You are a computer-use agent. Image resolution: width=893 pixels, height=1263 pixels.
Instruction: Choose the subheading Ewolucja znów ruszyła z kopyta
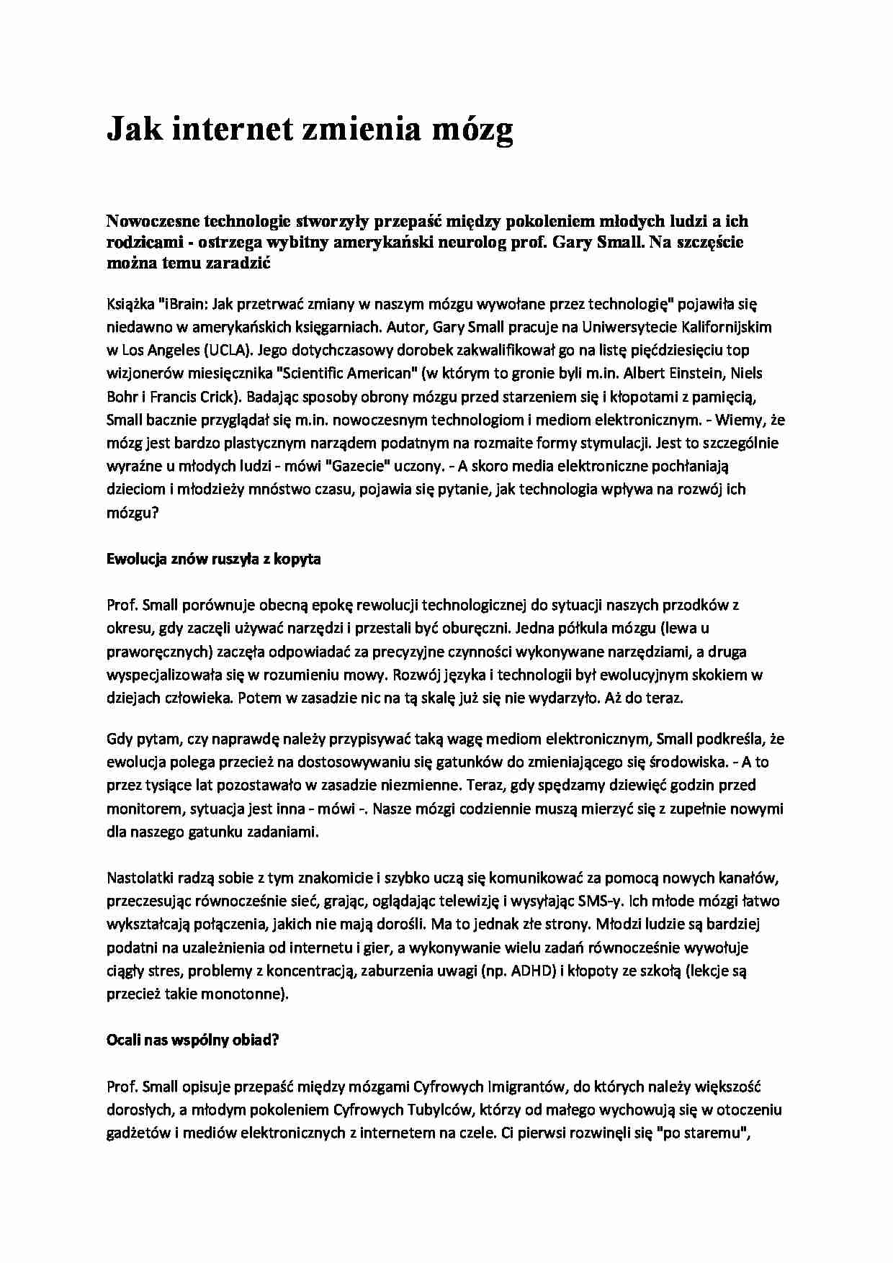click(x=213, y=559)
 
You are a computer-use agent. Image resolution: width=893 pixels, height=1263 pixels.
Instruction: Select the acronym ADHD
click(x=533, y=971)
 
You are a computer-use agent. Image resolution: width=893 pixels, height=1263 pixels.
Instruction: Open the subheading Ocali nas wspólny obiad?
click(x=192, y=1040)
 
